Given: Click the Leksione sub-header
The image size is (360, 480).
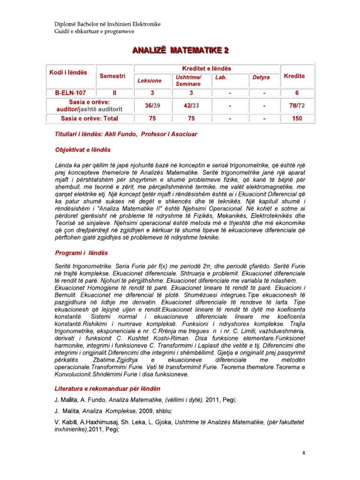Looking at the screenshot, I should [149, 81].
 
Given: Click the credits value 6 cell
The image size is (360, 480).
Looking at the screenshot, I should [296, 92].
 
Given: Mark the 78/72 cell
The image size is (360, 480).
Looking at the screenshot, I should [296, 105].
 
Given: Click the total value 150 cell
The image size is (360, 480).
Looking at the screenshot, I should [296, 119].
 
